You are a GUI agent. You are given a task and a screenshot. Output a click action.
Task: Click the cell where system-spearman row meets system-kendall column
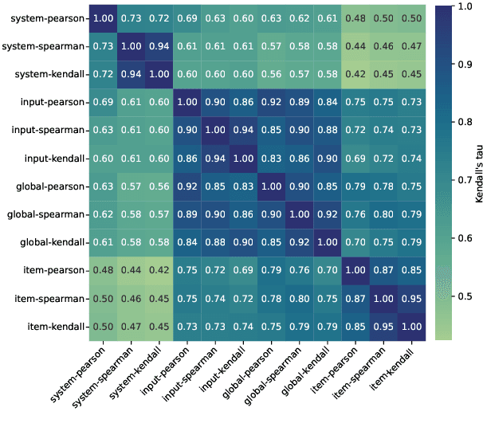click(158, 46)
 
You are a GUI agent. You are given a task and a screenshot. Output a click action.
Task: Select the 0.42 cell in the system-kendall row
click(355, 74)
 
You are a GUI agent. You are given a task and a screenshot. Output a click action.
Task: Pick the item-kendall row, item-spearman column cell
click(383, 326)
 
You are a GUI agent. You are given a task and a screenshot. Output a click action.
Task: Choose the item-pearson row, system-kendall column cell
click(158, 270)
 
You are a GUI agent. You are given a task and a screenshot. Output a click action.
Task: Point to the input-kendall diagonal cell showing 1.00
click(242, 159)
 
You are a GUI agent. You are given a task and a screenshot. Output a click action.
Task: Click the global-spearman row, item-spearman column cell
click(383, 214)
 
